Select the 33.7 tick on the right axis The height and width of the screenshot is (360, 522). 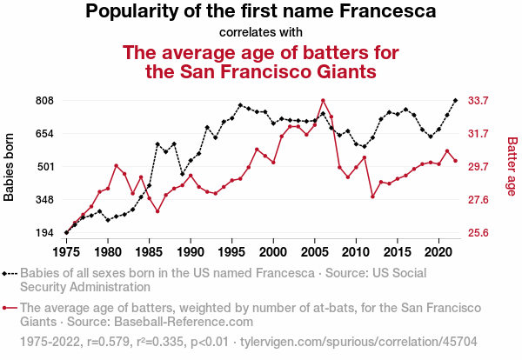pos(478,101)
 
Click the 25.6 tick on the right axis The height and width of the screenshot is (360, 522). pos(478,233)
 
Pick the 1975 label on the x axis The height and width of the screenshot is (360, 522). pos(66,251)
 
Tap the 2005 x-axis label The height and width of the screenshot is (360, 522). pos(314,251)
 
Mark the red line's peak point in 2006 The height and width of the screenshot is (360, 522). pos(323,101)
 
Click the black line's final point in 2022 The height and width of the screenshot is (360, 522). pos(455,101)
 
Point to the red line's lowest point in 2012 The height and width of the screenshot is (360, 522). pos(372,197)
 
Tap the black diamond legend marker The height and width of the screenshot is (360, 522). pos(10,273)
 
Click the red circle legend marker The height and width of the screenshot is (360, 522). pos(10,308)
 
